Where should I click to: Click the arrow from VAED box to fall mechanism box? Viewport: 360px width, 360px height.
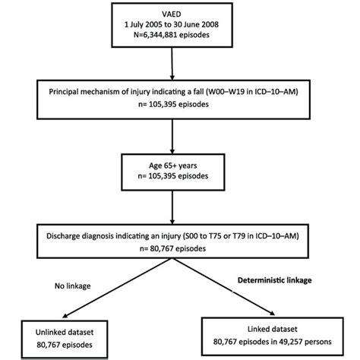(x=180, y=69)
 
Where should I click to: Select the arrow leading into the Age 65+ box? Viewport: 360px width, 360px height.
(x=180, y=140)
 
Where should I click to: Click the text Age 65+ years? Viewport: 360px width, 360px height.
(x=180, y=166)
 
